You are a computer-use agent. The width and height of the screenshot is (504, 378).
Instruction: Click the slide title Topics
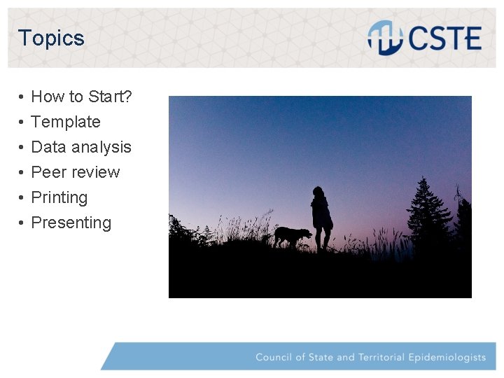pyautogui.click(x=51, y=38)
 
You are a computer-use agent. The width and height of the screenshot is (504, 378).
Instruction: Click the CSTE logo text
pyautogui.click(x=444, y=38)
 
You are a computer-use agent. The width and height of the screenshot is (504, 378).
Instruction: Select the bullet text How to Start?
pyautogui.click(x=81, y=97)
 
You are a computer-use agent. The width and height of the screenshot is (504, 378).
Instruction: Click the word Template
pyautogui.click(x=66, y=122)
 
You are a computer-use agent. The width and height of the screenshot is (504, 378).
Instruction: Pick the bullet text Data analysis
pyautogui.click(x=81, y=147)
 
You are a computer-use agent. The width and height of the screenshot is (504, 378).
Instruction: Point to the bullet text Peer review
pyautogui.click(x=76, y=172)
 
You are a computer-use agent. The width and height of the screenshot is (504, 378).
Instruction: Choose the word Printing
pyautogui.click(x=59, y=197)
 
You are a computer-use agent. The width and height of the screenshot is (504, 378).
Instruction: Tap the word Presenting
pyautogui.click(x=71, y=223)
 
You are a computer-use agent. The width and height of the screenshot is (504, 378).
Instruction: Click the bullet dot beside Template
pyautogui.click(x=22, y=122)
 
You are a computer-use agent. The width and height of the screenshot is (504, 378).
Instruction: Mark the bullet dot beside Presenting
pyautogui.click(x=22, y=223)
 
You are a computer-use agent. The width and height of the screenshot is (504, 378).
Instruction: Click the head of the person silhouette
pyautogui.click(x=319, y=191)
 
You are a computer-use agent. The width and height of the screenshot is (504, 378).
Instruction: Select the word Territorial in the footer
pyautogui.click(x=382, y=357)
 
